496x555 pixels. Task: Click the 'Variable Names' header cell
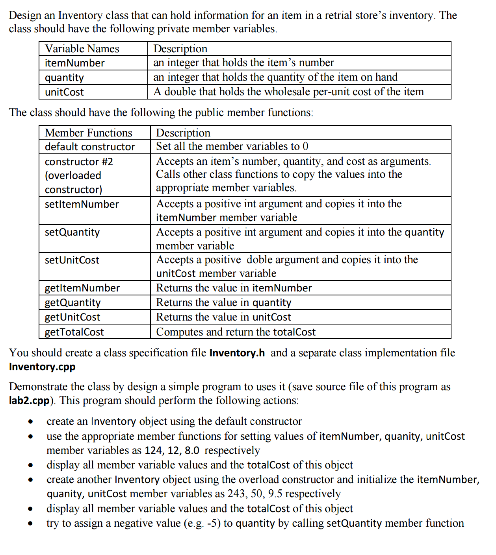click(x=82, y=49)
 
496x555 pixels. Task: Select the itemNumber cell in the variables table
click(x=74, y=63)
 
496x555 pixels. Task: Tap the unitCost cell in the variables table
click(x=64, y=92)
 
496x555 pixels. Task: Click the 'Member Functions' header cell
click(x=88, y=133)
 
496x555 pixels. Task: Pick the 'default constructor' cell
click(x=90, y=147)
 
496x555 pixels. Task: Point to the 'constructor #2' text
click(x=79, y=162)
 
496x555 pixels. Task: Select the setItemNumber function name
click(x=82, y=204)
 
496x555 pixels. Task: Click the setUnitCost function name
click(x=72, y=260)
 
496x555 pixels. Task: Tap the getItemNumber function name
click(x=82, y=288)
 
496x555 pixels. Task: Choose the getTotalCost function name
click(x=74, y=332)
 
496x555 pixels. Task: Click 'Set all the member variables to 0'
click(x=232, y=146)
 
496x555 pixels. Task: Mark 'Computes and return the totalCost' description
click(x=236, y=332)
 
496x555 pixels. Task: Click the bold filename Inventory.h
click(x=237, y=353)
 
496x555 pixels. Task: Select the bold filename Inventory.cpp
click(x=42, y=367)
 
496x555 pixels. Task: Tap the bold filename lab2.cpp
click(x=29, y=400)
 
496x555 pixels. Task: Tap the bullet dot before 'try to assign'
click(x=30, y=524)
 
